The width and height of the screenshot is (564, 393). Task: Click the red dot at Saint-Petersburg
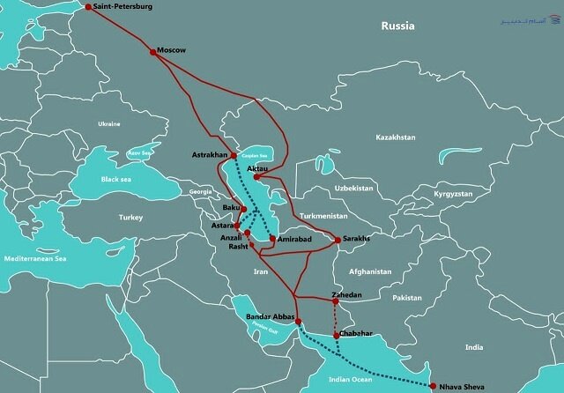click(88, 7)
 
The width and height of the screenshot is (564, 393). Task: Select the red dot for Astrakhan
click(233, 152)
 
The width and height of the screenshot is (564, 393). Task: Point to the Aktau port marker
click(256, 176)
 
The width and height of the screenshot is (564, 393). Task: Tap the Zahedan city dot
click(336, 301)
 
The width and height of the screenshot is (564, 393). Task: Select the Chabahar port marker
click(336, 335)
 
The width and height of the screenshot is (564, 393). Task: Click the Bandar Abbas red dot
click(298, 322)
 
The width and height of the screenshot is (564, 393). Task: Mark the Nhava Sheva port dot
click(434, 385)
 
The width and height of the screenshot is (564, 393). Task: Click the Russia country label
click(397, 26)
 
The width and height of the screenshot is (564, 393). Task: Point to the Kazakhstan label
click(395, 138)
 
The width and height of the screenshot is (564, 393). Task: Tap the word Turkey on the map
click(132, 216)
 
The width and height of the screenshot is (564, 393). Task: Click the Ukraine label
click(109, 123)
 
